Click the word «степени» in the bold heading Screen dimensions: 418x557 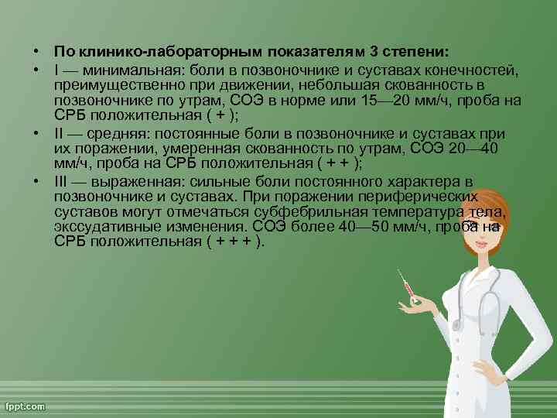[419, 52]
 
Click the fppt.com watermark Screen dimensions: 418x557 [26, 406]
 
